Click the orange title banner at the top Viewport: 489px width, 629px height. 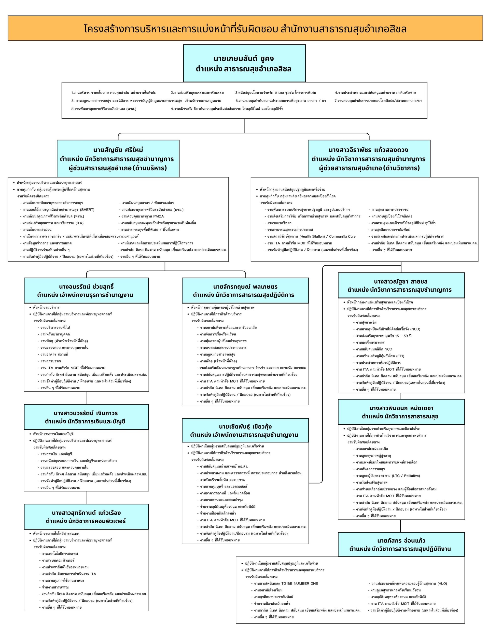click(245, 29)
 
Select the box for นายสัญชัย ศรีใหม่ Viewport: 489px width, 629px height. click(118, 158)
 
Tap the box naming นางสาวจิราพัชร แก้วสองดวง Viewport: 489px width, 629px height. click(369, 158)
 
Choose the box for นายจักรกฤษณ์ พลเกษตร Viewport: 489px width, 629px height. click(245, 290)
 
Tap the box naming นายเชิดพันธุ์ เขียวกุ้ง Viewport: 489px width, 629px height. click(245, 430)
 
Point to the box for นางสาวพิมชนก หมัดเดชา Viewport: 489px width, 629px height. click(401, 412)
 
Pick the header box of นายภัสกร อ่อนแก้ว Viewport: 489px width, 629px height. click(401, 544)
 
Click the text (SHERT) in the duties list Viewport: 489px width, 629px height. click(87, 210)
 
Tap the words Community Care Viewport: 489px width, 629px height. click(342, 236)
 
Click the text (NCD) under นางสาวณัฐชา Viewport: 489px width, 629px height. click(415, 329)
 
